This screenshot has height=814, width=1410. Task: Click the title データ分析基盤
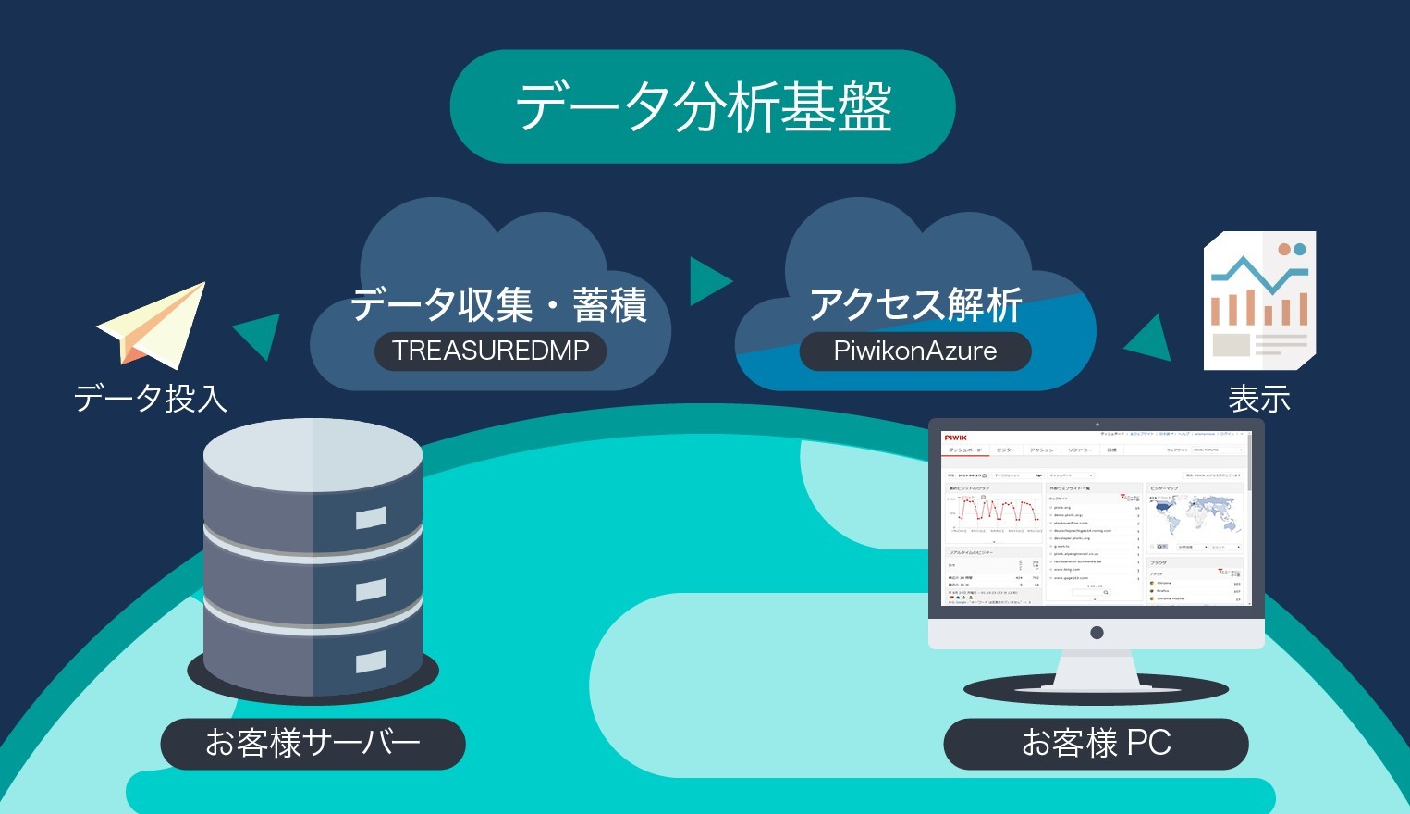point(703,107)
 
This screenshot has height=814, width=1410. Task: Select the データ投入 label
point(151,399)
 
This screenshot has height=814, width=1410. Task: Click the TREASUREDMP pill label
point(490,351)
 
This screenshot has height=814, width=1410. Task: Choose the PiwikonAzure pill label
point(914,351)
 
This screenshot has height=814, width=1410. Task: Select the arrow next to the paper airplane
point(260,335)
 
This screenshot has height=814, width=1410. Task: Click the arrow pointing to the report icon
point(1148,339)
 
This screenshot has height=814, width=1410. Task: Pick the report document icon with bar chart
point(1259,301)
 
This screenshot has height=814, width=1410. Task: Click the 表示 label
point(1258,400)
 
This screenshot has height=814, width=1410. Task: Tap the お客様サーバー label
point(313,743)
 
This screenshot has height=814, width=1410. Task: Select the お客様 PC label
point(1096,743)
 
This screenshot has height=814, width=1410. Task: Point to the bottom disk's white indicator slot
point(371,661)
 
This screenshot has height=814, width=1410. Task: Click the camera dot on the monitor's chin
point(1097,633)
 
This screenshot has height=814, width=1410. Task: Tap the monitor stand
point(1097,671)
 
